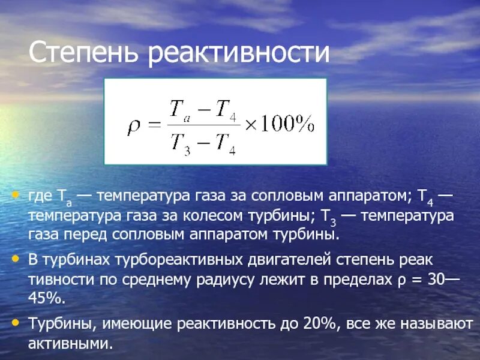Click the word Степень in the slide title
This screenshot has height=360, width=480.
(x=85, y=53)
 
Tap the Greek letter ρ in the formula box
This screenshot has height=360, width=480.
(x=133, y=125)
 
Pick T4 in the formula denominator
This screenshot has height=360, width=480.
(x=227, y=143)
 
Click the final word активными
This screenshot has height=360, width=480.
(x=70, y=344)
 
